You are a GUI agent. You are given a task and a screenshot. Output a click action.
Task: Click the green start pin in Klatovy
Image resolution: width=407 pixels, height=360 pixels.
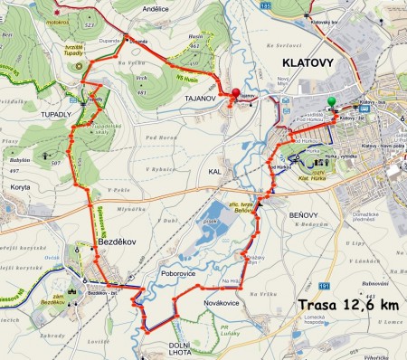[332, 102]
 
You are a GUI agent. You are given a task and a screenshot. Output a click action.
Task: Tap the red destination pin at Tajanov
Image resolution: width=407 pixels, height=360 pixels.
[237, 93]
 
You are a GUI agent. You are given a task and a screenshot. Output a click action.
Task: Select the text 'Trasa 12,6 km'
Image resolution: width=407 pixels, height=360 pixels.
[347, 305]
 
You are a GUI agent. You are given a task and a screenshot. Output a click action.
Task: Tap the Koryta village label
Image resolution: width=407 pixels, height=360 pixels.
[23, 185]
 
